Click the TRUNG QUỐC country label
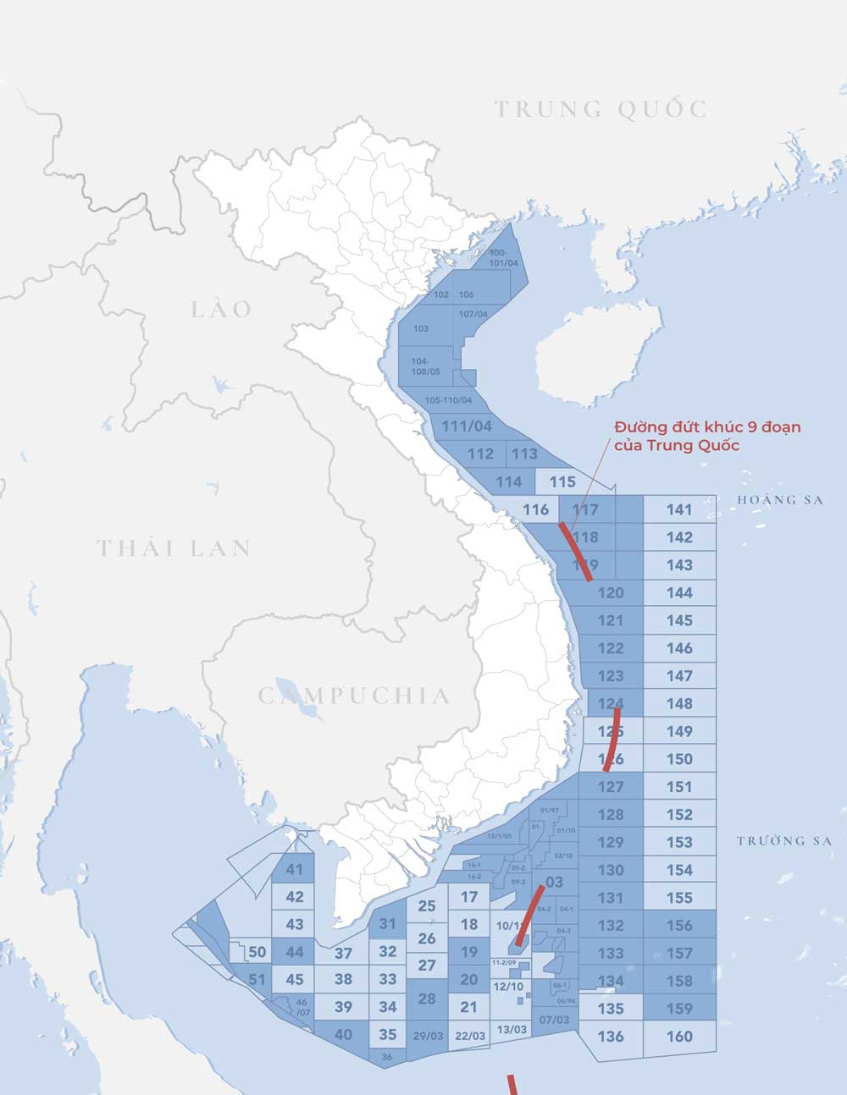coord(601,109)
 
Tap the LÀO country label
coord(222,309)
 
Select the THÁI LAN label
coord(174,548)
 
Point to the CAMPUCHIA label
coord(354,696)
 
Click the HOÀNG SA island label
coord(779,500)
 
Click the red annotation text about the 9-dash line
coord(706,436)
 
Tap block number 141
coord(679,509)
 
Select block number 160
coord(679,1036)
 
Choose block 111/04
coord(467,426)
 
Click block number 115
coord(562,481)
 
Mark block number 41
coord(294,870)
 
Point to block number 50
coord(257,952)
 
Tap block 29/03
coord(428,1036)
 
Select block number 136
coord(611,1036)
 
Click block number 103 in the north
coord(421,328)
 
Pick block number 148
coord(679,703)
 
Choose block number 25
coord(427,906)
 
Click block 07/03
coord(554,1020)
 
